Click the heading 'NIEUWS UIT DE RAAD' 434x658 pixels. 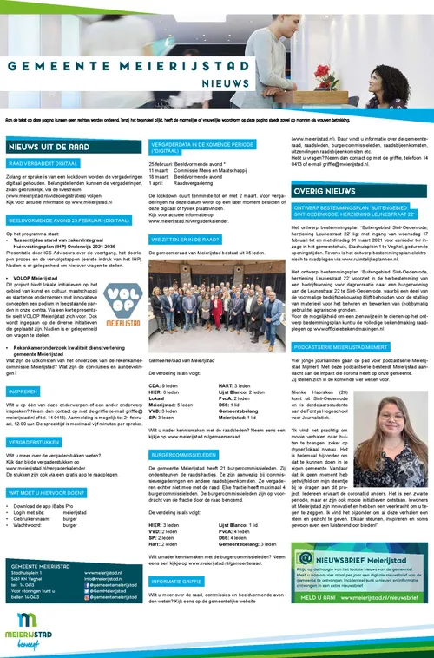click(x=48, y=147)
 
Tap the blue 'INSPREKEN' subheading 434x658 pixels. click(x=23, y=391)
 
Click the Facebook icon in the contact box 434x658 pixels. click(x=88, y=585)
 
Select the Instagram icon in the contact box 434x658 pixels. click(x=88, y=598)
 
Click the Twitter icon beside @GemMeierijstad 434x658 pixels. click(x=88, y=591)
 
